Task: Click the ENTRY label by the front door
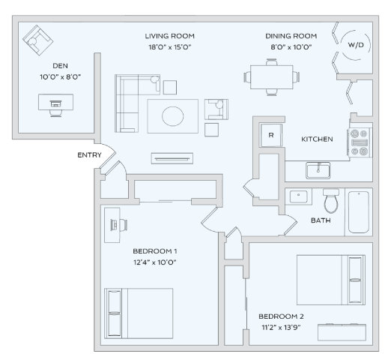pos(88,155)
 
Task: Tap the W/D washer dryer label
pos(356,46)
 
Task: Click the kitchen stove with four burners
pos(359,142)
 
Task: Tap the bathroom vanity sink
pos(300,198)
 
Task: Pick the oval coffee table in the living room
pos(173,115)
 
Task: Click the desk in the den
pos(56,102)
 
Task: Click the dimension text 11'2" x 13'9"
pos(280,328)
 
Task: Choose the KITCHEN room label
pos(317,139)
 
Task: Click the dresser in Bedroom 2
pos(342,331)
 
